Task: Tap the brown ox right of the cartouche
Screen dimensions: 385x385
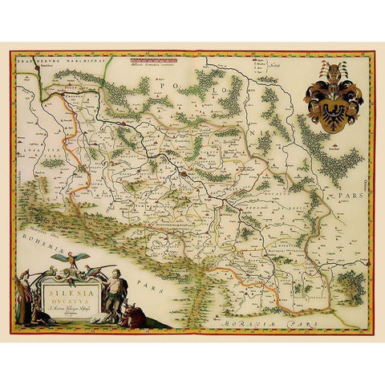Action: point(136,316)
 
